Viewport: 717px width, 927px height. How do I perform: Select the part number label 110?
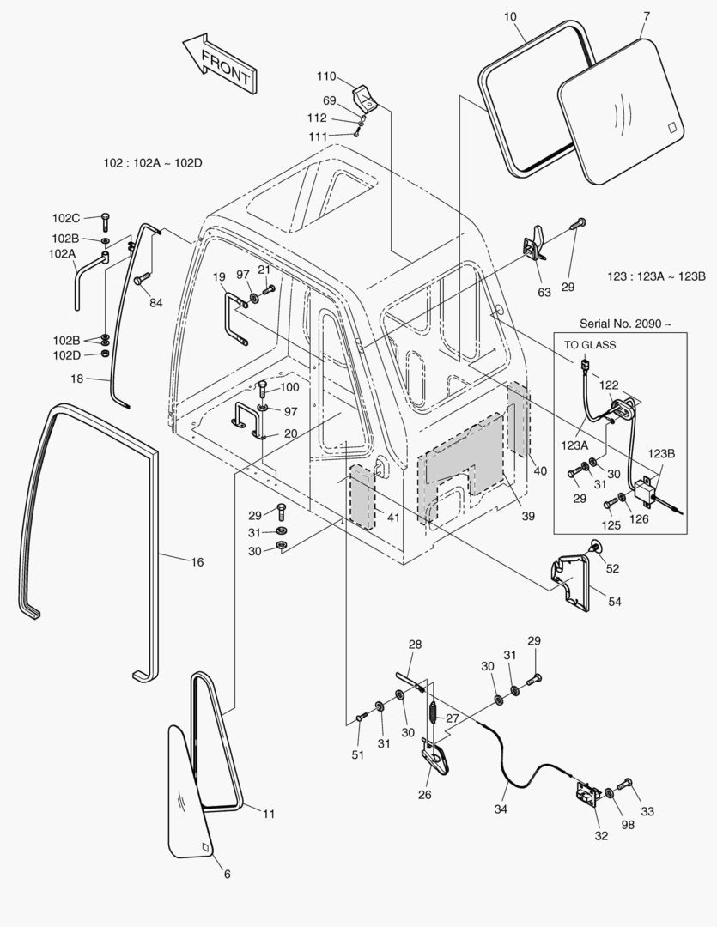coord(327,76)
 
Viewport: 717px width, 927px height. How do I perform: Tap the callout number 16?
coord(197,562)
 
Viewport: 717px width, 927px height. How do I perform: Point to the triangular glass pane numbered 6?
coord(191,795)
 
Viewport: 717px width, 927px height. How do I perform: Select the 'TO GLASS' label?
coord(589,344)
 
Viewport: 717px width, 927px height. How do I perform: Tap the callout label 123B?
coord(661,453)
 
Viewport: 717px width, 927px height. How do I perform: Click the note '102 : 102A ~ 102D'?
coord(153,163)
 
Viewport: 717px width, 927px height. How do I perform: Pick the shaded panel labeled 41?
coord(362,499)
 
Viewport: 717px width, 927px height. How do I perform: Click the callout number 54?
coord(614,602)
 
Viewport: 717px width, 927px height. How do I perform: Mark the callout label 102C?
coord(66,217)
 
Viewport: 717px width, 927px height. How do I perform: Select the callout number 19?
coord(219,276)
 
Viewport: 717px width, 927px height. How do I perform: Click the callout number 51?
coord(357,754)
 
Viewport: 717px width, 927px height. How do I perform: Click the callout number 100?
coord(289,388)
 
